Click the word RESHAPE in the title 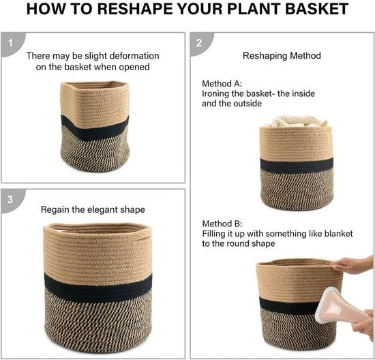pyautogui.click(x=134, y=9)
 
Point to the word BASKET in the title pyautogui.click(x=316, y=9)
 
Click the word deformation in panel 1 pyautogui.click(x=134, y=56)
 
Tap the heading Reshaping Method pyautogui.click(x=282, y=56)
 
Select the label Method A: pyautogui.click(x=222, y=84)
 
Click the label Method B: pyautogui.click(x=222, y=224)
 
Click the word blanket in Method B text pyautogui.click(x=338, y=234)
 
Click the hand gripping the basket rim pyautogui.click(x=352, y=265)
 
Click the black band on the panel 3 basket pyautogui.click(x=98, y=288)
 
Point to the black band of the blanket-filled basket pyautogui.click(x=297, y=165)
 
